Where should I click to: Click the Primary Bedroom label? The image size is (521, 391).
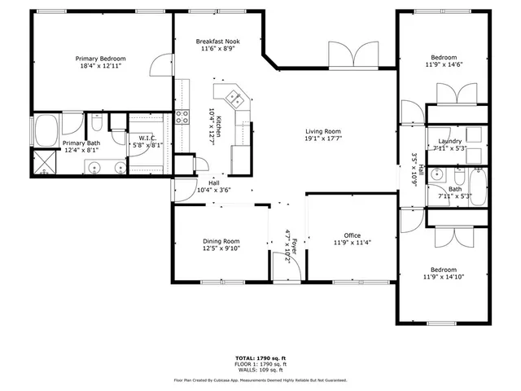click(x=100, y=59)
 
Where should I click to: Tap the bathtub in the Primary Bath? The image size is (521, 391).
click(x=44, y=130)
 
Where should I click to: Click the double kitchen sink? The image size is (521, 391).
click(x=234, y=99)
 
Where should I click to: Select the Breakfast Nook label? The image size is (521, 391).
click(x=217, y=41)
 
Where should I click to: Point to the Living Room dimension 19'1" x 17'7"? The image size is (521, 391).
click(x=322, y=139)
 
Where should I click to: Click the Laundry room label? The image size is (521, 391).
click(x=449, y=141)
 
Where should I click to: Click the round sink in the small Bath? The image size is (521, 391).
click(x=439, y=174)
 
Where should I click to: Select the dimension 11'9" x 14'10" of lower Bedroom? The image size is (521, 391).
click(x=444, y=277)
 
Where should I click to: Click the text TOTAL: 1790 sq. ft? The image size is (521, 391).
click(x=260, y=358)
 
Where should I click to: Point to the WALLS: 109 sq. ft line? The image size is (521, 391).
click(x=260, y=370)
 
